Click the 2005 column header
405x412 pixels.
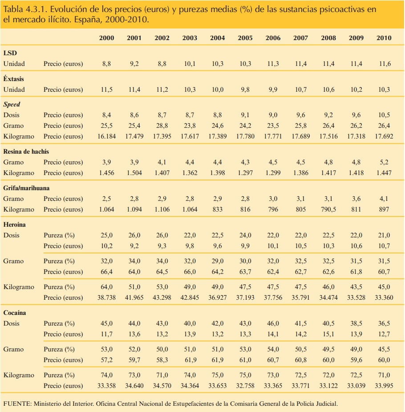tap(245, 38)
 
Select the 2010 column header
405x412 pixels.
tap(384, 38)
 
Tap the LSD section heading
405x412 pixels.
tap(10, 53)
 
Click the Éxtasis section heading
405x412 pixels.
tap(14, 79)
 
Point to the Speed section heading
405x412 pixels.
tap(12, 104)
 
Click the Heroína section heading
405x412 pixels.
tap(15, 225)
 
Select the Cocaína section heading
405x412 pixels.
tap(15, 313)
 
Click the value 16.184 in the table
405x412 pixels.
tap(106, 136)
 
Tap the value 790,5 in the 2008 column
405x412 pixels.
tap(328, 209)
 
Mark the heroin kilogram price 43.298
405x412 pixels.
tap(162, 298)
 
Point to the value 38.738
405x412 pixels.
tap(106, 298)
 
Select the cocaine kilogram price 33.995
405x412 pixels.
tap(384, 386)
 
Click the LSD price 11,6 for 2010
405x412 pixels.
tap(384, 64)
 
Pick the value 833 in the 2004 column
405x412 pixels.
tap(218, 209)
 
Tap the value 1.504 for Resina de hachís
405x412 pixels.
tap(134, 173)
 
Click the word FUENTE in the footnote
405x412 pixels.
tap(16, 404)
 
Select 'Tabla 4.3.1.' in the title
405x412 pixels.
tap(23, 9)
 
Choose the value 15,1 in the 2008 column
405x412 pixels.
tap(328, 334)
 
